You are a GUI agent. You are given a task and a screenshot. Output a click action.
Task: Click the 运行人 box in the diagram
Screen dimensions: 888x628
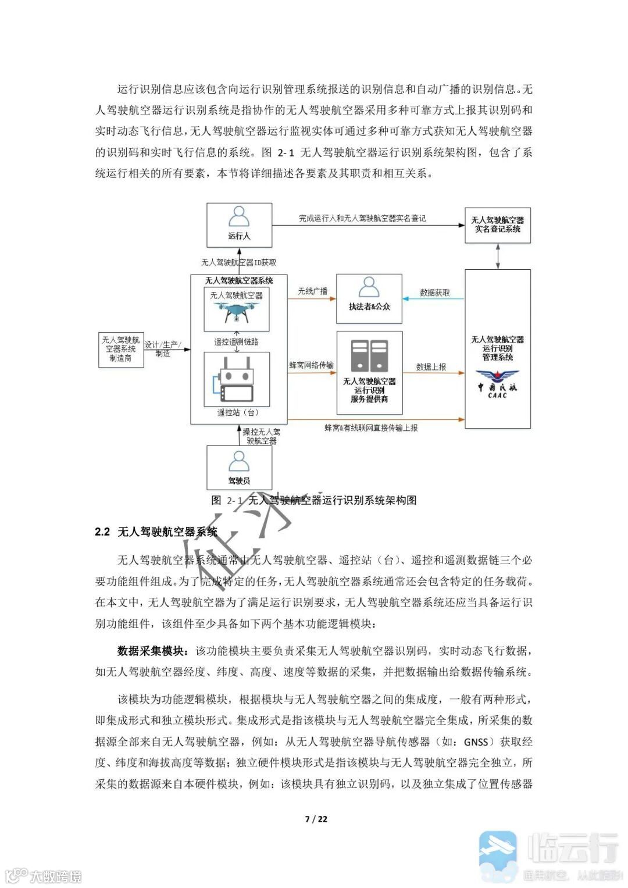(239, 224)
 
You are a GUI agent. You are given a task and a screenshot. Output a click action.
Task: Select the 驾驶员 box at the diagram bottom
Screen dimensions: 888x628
(239, 468)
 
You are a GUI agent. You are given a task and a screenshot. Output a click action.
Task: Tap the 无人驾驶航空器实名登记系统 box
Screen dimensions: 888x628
(497, 224)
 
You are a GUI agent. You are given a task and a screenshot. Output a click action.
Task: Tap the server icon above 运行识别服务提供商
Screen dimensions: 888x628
(369, 355)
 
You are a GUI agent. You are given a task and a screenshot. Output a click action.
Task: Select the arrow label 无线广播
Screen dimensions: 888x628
(312, 291)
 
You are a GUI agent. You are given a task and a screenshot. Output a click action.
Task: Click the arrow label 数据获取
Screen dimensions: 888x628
(434, 293)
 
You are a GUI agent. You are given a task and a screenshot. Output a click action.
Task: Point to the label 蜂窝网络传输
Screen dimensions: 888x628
(311, 365)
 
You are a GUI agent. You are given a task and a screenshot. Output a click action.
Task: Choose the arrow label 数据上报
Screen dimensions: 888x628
(431, 367)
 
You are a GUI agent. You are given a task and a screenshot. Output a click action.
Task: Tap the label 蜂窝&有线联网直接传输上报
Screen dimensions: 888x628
(371, 427)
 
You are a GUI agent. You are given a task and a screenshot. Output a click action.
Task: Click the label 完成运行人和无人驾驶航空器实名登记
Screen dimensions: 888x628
(362, 218)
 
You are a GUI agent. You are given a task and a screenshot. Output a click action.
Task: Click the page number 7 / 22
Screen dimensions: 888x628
(316, 819)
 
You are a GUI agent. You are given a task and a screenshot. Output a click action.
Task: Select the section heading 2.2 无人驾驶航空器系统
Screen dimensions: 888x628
(156, 532)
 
